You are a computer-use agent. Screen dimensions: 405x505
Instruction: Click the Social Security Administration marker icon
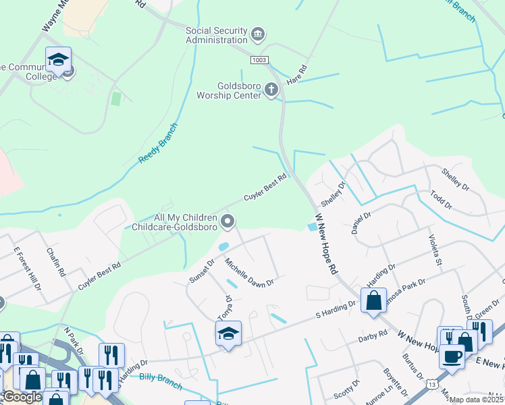point(257,34)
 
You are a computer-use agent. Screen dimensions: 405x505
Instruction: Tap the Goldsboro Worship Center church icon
point(271,90)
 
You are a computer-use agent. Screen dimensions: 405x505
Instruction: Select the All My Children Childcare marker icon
point(228,221)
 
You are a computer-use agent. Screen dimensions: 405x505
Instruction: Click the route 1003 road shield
point(259,61)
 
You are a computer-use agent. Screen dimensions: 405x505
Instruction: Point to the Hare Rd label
point(297,74)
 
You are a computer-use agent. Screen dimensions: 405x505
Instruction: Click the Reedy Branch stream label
point(159,142)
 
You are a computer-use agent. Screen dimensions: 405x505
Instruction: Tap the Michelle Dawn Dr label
point(249,272)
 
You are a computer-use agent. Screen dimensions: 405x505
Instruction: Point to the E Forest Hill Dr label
point(27,268)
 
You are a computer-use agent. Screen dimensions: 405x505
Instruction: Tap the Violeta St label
point(434,248)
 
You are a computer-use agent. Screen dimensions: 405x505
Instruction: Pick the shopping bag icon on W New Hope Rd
point(373,300)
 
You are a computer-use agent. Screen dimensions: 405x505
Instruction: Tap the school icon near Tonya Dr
point(228,333)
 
